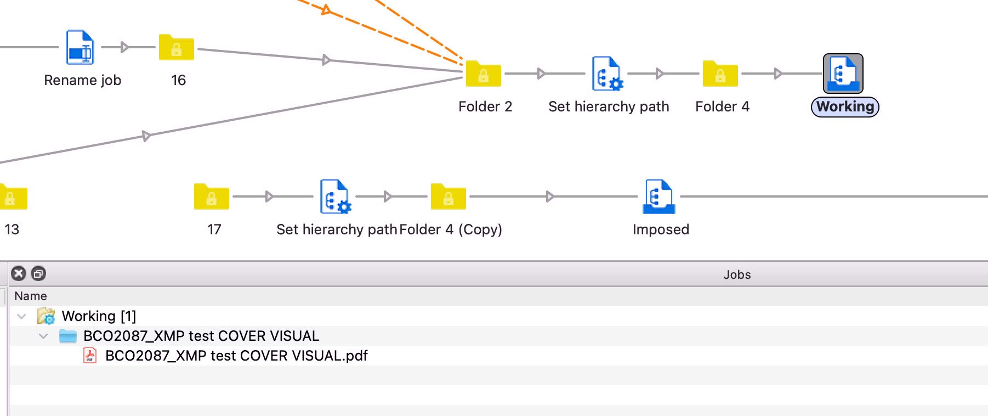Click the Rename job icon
tap(80, 48)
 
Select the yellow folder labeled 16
tap(176, 48)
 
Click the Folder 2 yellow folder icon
tap(483, 74)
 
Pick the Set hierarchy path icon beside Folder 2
tap(607, 74)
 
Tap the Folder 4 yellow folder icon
tap(720, 74)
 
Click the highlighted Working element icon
tap(843, 74)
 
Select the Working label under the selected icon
tap(845, 106)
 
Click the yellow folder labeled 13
tap(12, 197)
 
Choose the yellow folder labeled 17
tap(211, 197)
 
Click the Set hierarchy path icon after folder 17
tap(335, 196)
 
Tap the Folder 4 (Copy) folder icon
tap(448, 197)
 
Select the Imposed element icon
tap(659, 196)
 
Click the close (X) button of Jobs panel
tap(19, 273)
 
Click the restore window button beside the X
tap(38, 273)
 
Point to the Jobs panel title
tap(736, 274)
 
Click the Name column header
tap(31, 296)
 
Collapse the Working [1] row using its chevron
tap(21, 316)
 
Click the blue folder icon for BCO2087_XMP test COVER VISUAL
tap(68, 336)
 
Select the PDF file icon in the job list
tap(90, 356)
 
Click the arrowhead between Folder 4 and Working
tap(777, 74)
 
